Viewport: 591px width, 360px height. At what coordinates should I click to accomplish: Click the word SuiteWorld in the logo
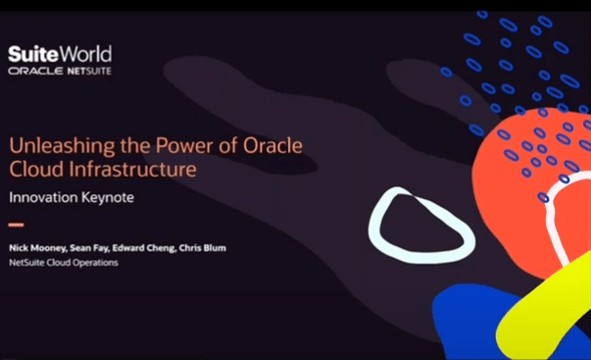click(x=60, y=53)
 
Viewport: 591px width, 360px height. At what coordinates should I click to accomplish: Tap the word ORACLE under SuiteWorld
click(x=30, y=72)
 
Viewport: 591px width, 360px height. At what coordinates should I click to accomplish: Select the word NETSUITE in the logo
click(x=83, y=72)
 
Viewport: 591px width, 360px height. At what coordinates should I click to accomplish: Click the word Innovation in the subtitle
click(x=43, y=197)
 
